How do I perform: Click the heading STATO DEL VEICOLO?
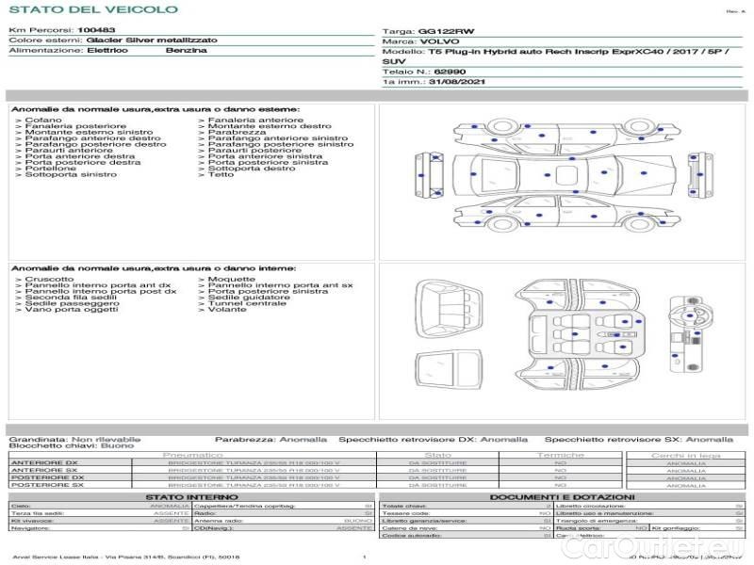(x=93, y=9)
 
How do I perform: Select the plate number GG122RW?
(x=440, y=31)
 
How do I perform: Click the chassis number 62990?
(x=449, y=72)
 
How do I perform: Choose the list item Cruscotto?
(x=49, y=279)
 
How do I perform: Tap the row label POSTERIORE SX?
(x=44, y=485)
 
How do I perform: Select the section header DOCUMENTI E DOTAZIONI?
(x=562, y=496)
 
